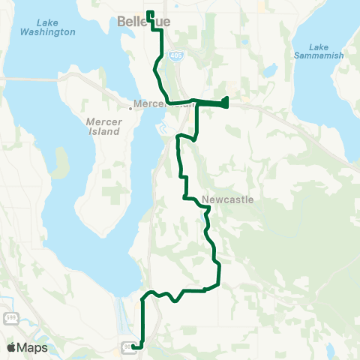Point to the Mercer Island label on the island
[103, 126]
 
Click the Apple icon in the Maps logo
[10, 346]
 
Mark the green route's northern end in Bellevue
[149, 13]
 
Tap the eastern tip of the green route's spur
[227, 102]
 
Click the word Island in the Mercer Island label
[103, 131]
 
